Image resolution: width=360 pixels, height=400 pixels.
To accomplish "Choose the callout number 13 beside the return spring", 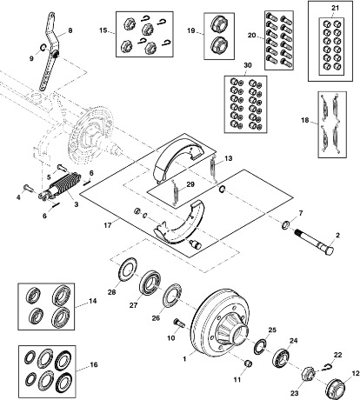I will point(228,158).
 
